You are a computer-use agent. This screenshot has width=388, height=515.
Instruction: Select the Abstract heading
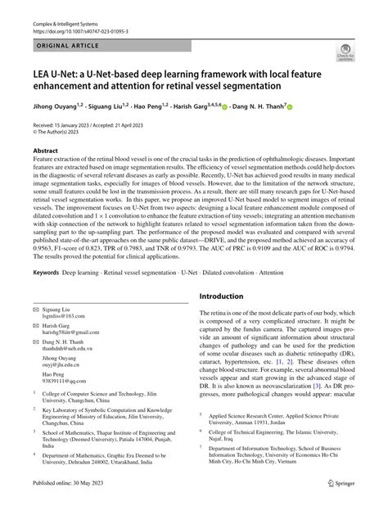(45, 151)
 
